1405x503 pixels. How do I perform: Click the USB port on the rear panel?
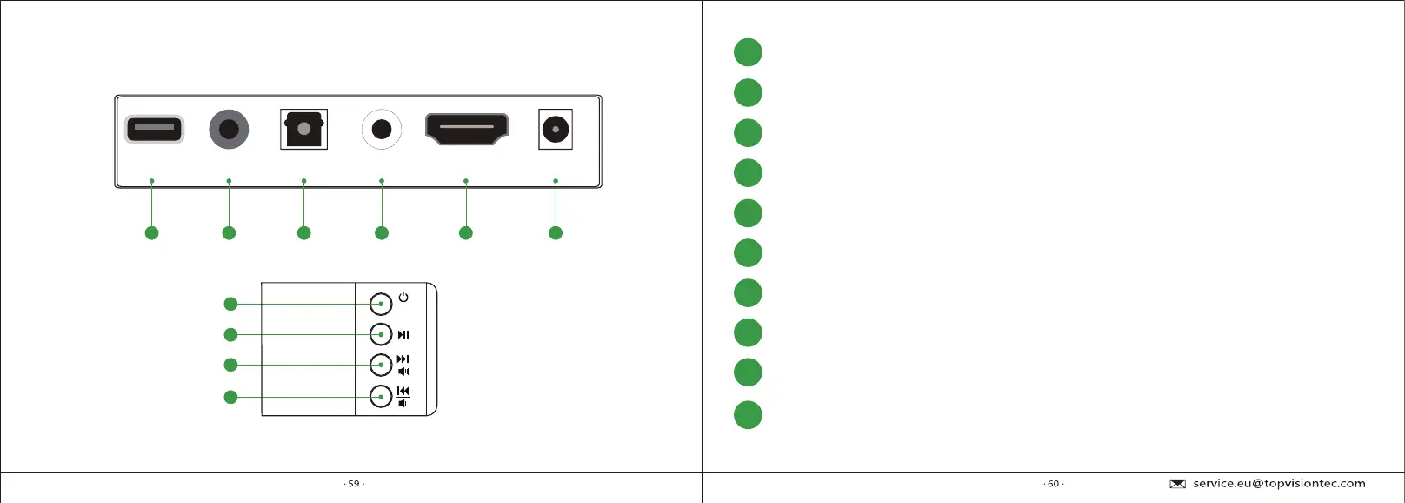pos(154,130)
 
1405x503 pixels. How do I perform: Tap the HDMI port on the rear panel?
pos(466,128)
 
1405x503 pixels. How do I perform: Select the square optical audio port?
pos(303,130)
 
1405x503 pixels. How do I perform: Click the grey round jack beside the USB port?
pos(229,130)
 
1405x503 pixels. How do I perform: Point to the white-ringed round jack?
pos(381,130)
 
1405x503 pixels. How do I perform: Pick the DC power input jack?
pos(556,130)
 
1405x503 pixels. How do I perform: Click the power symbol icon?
pos(403,298)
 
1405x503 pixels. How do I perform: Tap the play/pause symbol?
pos(403,335)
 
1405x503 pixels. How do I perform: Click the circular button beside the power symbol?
pos(381,304)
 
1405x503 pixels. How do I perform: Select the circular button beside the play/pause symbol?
pos(381,334)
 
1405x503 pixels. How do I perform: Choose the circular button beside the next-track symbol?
pos(381,365)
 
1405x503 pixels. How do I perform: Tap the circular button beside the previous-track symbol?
pos(381,397)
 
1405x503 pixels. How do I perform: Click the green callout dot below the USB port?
pos(152,232)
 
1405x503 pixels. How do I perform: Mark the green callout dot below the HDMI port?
pos(466,232)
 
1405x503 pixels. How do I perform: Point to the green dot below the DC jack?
pos(556,232)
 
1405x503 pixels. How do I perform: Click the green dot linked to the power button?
pos(230,304)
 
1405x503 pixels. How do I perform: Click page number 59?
pos(354,484)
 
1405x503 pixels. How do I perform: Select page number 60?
pos(1053,484)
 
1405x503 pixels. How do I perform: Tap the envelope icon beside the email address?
pos(1178,484)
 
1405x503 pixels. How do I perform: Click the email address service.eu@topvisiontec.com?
pos(1279,484)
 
